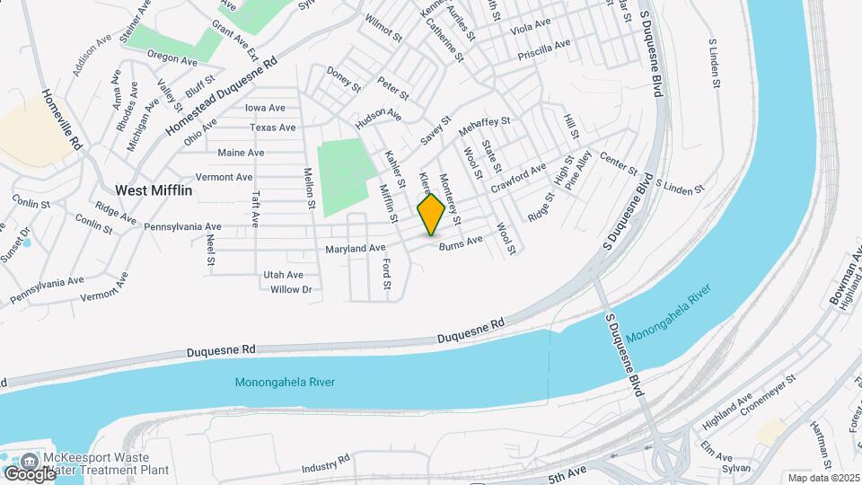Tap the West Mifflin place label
(154, 190)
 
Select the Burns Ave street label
(461, 241)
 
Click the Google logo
(29, 473)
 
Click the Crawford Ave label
(518, 176)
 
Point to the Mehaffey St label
(484, 128)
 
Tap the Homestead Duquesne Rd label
(222, 98)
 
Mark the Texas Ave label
(273, 128)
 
